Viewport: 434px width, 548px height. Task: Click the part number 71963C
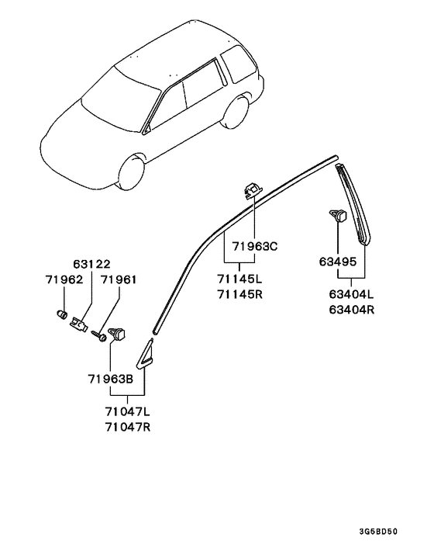point(255,246)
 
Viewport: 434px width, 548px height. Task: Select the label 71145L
point(239,279)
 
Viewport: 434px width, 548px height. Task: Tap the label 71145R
point(239,294)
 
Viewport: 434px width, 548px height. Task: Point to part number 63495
point(338,262)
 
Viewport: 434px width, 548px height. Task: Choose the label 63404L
point(351,294)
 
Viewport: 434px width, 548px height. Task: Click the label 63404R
point(351,310)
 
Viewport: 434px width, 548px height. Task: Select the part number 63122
point(91,264)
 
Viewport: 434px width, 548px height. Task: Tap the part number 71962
point(64,279)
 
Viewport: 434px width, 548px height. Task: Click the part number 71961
point(119,279)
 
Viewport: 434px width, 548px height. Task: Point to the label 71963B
point(111,379)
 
